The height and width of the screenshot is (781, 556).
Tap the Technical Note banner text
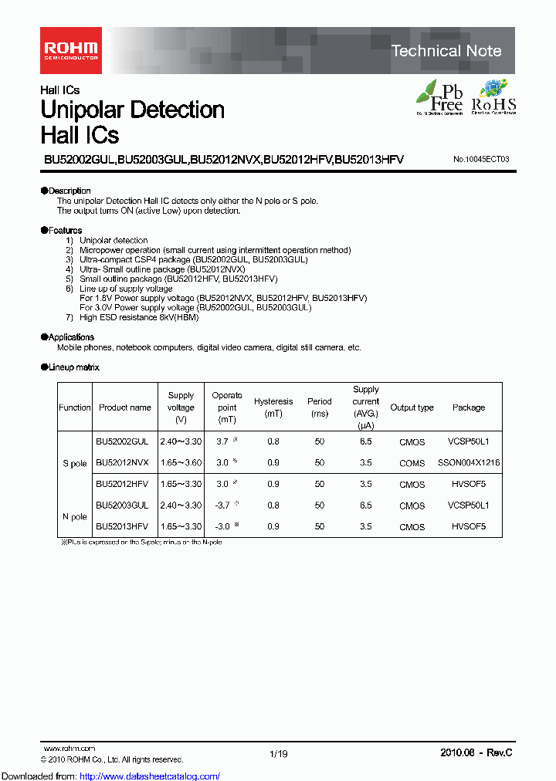click(x=446, y=51)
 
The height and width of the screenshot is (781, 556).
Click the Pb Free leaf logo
click(x=439, y=96)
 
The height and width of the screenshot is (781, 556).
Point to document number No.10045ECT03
click(x=481, y=159)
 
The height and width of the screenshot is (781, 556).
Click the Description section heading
click(x=66, y=191)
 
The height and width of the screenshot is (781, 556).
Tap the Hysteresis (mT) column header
click(x=273, y=407)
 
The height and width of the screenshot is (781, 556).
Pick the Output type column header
click(x=412, y=407)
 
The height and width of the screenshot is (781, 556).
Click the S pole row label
click(x=75, y=464)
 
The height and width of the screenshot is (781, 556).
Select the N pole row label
click(x=75, y=516)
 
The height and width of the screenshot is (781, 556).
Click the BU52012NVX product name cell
click(x=122, y=463)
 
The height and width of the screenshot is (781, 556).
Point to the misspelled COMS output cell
click(x=412, y=463)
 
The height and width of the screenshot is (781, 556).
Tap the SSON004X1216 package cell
click(x=469, y=463)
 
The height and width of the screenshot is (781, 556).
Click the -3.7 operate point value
click(x=223, y=505)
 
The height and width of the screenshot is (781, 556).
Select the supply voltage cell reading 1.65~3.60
click(x=181, y=463)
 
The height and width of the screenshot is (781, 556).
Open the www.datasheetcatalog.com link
click(x=150, y=776)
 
